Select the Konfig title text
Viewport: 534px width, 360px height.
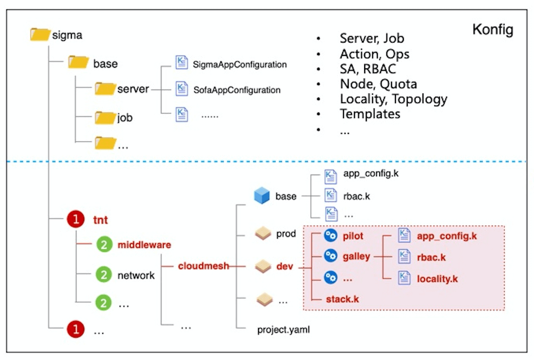[x=493, y=30]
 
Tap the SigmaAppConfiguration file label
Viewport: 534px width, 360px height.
[x=240, y=65]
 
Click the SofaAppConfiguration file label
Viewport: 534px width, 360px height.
[x=237, y=90]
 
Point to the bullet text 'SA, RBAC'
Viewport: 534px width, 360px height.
[x=368, y=68]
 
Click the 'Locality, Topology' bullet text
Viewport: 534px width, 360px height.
[x=393, y=99]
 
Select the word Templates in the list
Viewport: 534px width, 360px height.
[x=370, y=114]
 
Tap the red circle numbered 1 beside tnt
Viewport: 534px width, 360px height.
[x=76, y=220]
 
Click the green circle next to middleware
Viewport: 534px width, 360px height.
[x=104, y=245]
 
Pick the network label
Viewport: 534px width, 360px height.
[x=136, y=275]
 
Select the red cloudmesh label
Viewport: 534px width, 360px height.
[x=204, y=266]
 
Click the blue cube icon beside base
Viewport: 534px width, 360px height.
[x=262, y=196]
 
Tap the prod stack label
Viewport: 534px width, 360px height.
[x=286, y=234]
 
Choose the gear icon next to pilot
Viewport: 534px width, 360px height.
[x=330, y=235]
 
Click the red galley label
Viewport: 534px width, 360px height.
[x=357, y=256]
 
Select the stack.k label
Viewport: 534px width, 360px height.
[x=342, y=299]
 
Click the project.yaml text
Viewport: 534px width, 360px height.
[x=283, y=329]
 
